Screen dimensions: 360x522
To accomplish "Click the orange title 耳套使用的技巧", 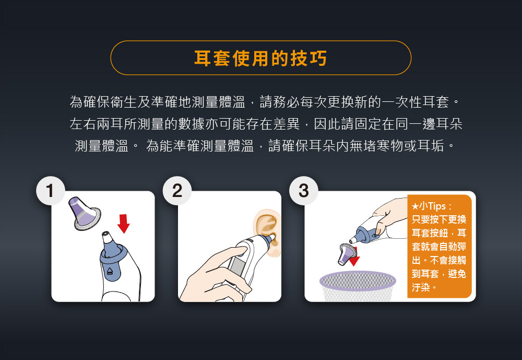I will [260, 58].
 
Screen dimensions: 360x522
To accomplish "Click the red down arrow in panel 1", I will [123, 222].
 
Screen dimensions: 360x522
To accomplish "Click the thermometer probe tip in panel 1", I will [107, 238].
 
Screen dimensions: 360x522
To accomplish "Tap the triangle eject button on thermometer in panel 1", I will [110, 272].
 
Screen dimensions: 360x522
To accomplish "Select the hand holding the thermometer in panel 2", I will [206, 277].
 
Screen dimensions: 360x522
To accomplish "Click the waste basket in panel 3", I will [358, 286].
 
